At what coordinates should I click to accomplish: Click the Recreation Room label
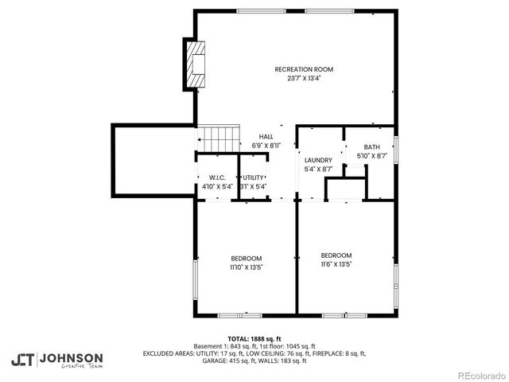304,69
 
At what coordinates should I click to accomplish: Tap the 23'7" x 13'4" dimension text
304,79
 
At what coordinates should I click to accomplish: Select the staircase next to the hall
219,138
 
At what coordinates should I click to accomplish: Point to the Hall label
266,137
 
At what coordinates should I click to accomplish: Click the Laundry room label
318,160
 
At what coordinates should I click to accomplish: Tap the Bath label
372,147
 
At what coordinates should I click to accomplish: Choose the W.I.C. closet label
217,177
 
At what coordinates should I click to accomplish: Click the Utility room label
254,177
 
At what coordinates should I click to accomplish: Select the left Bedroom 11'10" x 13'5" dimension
247,267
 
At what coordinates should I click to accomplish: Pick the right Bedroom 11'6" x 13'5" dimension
336,264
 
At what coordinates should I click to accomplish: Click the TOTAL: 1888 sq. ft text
254,339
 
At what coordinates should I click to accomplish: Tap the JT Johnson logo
56,360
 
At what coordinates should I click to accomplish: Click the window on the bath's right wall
395,151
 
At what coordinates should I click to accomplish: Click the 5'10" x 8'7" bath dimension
372,157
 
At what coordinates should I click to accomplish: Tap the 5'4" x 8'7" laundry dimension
318,170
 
